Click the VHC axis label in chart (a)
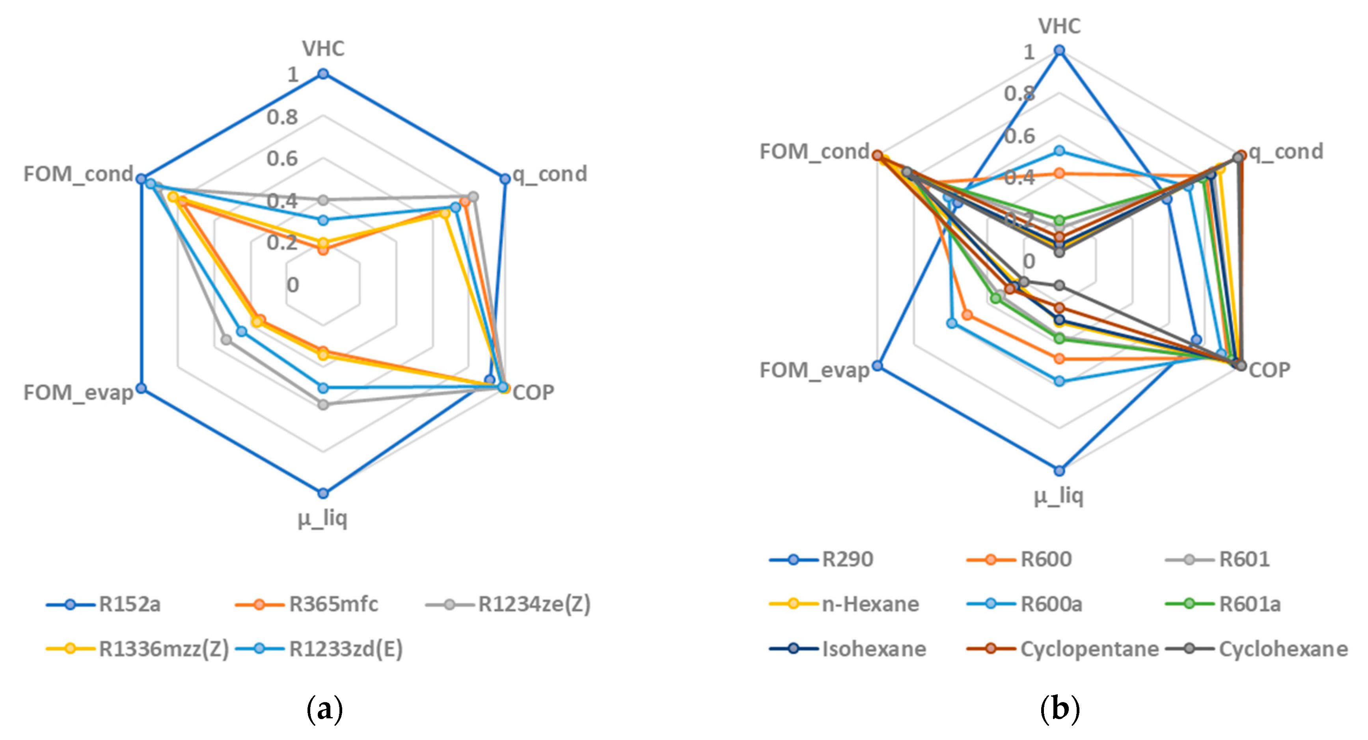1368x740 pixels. (x=323, y=49)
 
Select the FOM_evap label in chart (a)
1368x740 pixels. (x=78, y=393)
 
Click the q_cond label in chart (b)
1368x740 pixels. (x=1286, y=152)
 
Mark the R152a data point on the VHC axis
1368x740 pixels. (x=323, y=74)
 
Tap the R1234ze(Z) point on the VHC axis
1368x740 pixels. (x=323, y=200)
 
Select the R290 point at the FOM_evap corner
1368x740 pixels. (x=877, y=365)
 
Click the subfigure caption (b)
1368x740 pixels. (x=1059, y=709)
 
